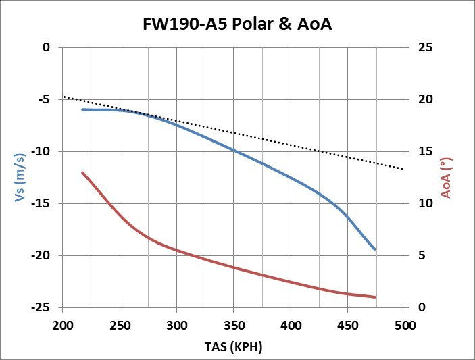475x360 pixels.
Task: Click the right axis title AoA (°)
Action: tap(447, 177)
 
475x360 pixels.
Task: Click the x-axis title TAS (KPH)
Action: tap(233, 347)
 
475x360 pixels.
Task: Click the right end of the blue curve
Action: tap(374, 249)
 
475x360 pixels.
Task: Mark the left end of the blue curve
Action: tap(82, 109)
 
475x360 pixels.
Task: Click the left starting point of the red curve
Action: tap(82, 172)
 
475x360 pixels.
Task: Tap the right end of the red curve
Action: tap(374, 297)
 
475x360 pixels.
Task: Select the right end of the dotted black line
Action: tap(403, 169)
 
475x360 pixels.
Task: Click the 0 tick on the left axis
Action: tap(47, 47)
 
